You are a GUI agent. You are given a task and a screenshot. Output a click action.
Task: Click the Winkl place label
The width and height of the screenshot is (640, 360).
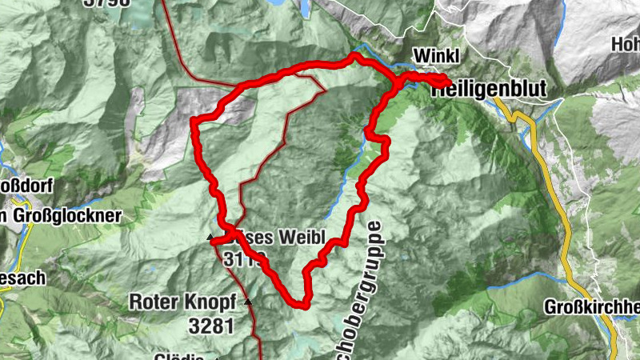pyautogui.click(x=436, y=57)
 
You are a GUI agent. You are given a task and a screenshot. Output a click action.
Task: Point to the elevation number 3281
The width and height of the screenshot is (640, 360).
pyautogui.click(x=211, y=326)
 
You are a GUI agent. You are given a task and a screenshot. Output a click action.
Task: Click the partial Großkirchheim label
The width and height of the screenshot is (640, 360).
pyautogui.click(x=592, y=308)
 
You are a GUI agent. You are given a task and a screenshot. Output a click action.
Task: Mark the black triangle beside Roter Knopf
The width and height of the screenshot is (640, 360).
pyautogui.click(x=248, y=302)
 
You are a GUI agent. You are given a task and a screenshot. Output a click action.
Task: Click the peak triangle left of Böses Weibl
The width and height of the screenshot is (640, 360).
pyautogui.click(x=210, y=238)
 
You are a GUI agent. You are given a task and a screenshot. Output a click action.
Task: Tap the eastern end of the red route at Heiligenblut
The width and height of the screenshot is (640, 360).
pyautogui.click(x=446, y=79)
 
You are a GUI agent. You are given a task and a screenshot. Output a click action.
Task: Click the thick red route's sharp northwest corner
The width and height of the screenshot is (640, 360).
pyautogui.click(x=194, y=121)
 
